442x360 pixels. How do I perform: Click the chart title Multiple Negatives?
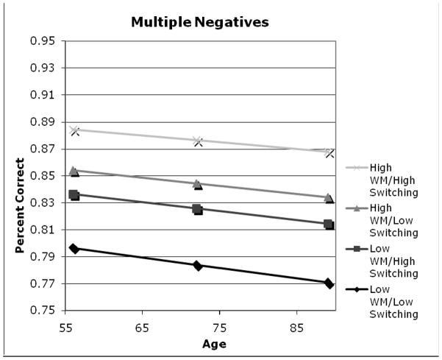pos(200,22)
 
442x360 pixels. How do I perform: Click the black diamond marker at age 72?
pos(198,265)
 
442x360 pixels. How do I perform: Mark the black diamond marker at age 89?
pos(329,283)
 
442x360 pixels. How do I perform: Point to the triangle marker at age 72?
pos(198,184)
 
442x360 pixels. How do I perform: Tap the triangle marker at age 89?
pos(329,198)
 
